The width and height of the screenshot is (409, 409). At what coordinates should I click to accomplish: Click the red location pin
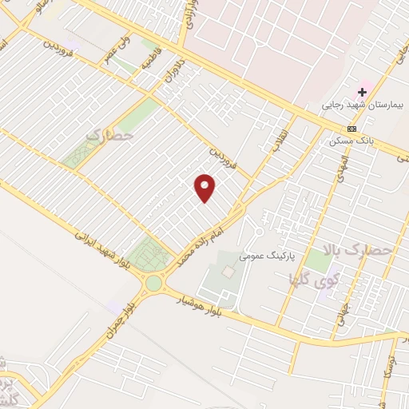point(205,188)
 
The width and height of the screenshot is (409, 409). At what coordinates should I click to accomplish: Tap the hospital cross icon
point(362,92)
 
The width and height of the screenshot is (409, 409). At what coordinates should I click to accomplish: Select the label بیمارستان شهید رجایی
point(363,105)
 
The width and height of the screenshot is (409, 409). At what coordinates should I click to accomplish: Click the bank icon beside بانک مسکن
point(351,129)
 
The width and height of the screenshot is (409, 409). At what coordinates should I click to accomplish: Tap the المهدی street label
point(342,167)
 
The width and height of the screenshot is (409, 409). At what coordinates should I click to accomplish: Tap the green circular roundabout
point(153,283)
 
